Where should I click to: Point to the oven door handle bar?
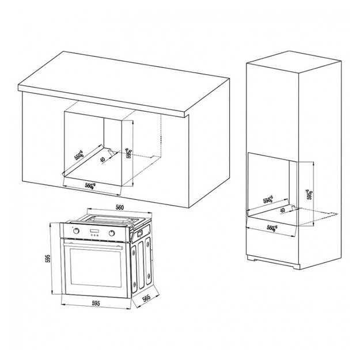tap(94, 241)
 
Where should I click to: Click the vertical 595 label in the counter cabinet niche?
tap(131, 153)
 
